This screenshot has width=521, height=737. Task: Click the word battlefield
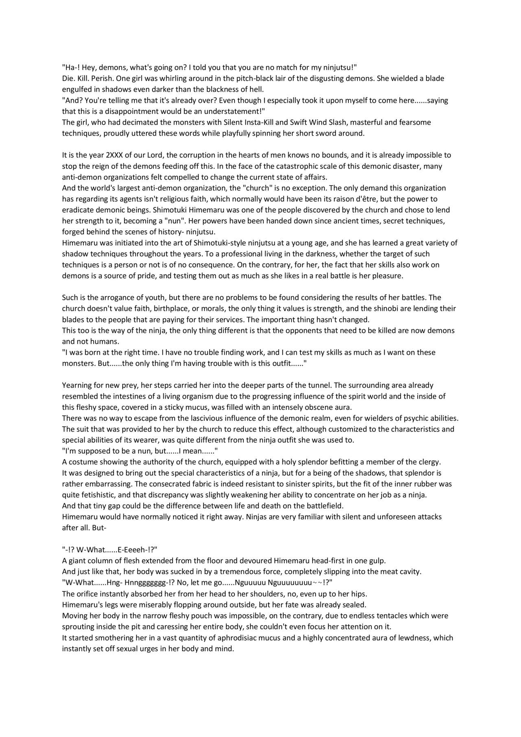pyautogui.click(x=322, y=506)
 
